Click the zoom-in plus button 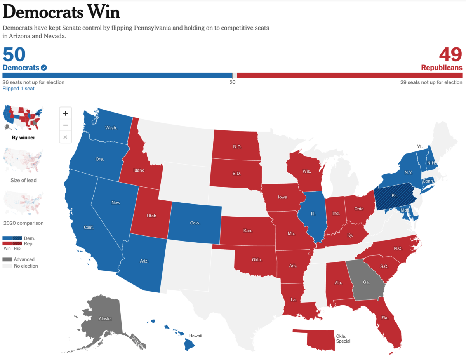coord(65,113)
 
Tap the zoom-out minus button coord(65,125)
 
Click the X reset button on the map coord(65,137)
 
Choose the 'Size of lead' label coord(23,180)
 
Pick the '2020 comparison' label coord(23,223)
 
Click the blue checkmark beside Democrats coord(44,68)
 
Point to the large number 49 coord(450,55)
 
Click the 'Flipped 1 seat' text coord(18,89)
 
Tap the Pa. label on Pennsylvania coord(395,195)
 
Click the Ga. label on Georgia coord(366,282)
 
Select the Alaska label coord(105,318)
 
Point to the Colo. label coord(195,223)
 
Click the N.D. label coord(237,147)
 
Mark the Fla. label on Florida coord(385,317)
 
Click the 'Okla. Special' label coord(343,339)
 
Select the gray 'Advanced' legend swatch coord(7,259)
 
